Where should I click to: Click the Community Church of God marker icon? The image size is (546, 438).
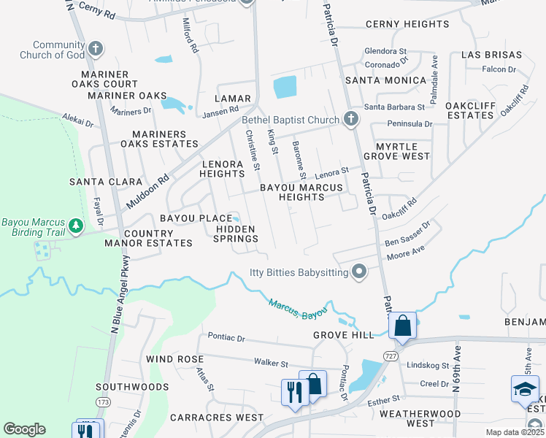coord(95,50)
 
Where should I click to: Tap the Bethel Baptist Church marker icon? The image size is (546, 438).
coord(350,119)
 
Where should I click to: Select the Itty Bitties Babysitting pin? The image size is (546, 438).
coord(358,272)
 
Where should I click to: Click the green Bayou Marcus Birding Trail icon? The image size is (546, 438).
coord(75,226)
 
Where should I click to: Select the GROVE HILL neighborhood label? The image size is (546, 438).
coord(343,335)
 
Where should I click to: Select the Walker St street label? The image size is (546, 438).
coord(271,363)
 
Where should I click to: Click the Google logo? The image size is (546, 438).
coord(24,429)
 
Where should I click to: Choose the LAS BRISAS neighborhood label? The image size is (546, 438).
coord(491,55)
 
